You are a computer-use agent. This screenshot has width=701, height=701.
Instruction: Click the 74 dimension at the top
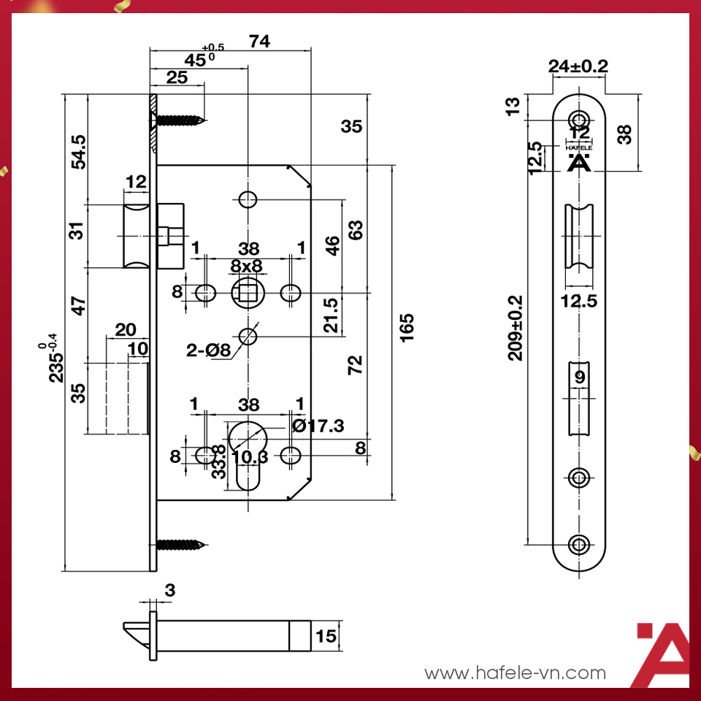258,42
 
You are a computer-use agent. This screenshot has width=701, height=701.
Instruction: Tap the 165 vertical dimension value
407,329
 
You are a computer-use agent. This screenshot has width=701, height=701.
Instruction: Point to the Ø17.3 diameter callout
318,425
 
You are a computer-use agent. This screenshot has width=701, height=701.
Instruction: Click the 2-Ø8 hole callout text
209,350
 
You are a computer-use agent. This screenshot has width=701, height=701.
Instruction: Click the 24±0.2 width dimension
578,66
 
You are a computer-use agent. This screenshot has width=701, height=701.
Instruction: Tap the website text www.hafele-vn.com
515,673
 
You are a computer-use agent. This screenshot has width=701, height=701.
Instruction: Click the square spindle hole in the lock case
247,294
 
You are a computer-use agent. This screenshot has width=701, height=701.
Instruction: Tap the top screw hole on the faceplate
580,119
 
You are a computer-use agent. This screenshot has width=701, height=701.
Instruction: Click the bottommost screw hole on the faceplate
580,545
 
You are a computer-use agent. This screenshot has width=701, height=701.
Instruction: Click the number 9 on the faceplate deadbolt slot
579,378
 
